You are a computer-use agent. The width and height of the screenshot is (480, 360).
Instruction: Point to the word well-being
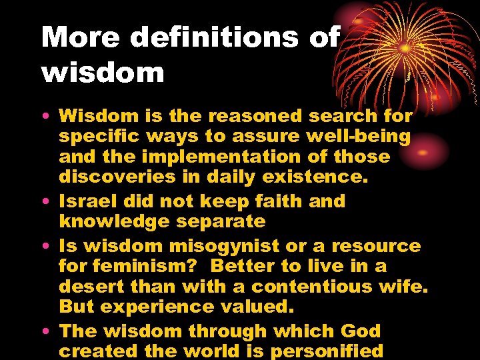point(358,137)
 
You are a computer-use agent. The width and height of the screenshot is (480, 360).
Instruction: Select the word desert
point(89,286)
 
